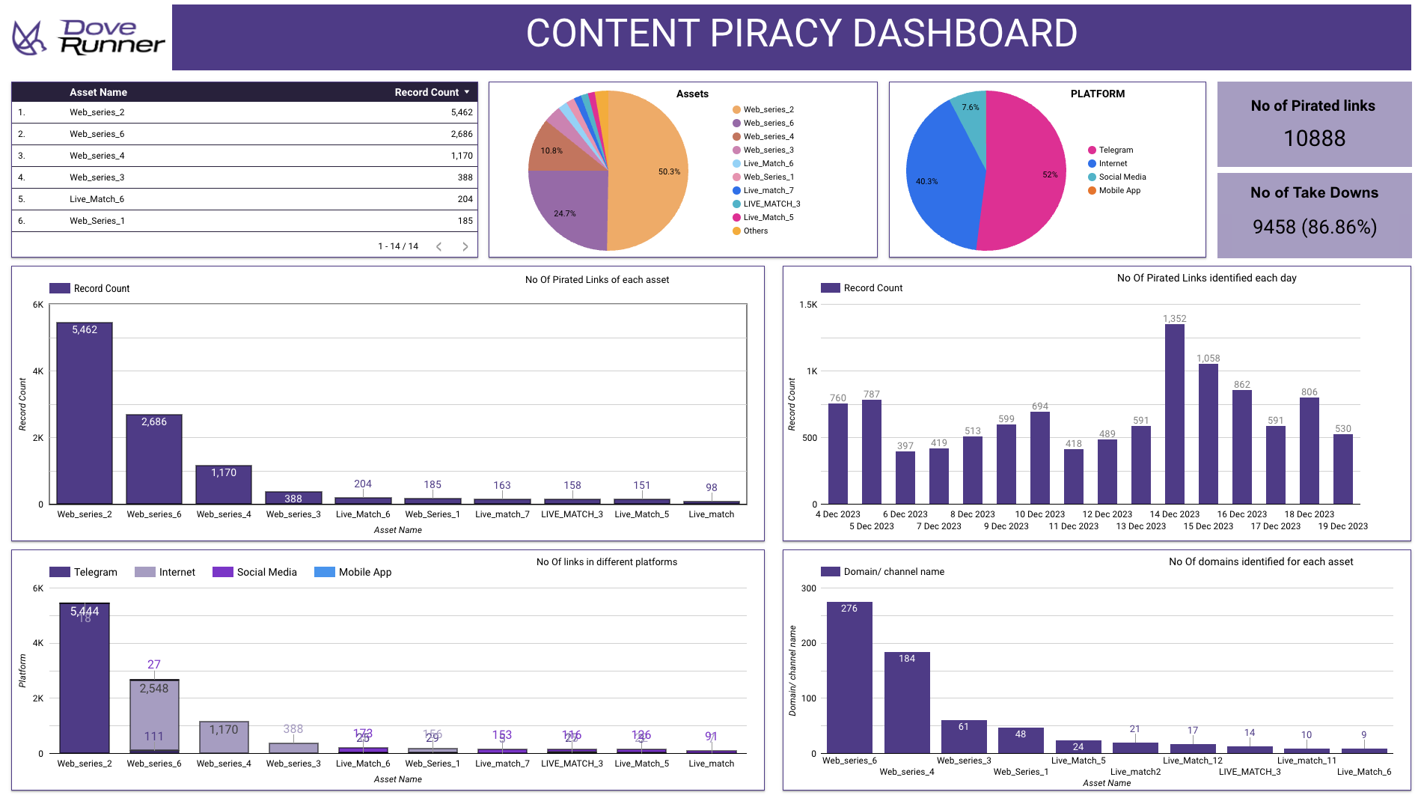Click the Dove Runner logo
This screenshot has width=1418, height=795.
click(88, 37)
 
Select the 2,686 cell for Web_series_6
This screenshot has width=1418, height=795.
click(461, 134)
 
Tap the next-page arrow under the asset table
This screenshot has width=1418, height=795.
click(465, 246)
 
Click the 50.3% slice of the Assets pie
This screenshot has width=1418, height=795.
click(648, 172)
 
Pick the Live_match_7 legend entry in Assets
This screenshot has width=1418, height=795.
click(768, 190)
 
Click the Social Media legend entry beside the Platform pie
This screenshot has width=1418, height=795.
click(1122, 177)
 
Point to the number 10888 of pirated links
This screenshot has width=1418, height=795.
click(1314, 138)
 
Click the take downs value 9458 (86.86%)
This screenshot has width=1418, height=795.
click(1314, 227)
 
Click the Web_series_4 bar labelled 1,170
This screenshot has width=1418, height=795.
click(224, 484)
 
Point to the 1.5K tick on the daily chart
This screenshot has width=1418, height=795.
click(808, 305)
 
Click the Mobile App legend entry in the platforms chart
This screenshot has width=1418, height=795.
click(364, 572)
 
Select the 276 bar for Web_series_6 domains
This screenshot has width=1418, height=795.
click(849, 677)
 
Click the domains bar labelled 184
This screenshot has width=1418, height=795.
click(907, 702)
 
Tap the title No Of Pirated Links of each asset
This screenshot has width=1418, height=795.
click(597, 280)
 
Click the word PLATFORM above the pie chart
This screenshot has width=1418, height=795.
click(1097, 94)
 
